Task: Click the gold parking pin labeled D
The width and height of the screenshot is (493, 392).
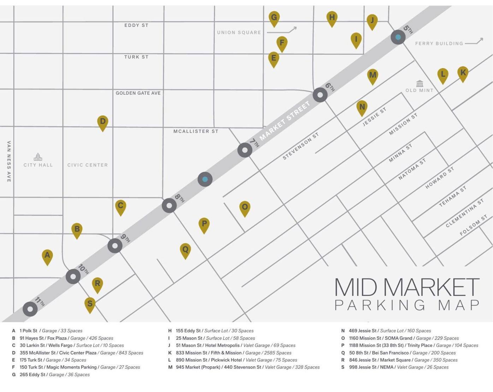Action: [x=102, y=122]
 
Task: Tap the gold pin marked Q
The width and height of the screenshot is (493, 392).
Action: [x=185, y=250]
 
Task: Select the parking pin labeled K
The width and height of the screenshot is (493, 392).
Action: [x=463, y=73]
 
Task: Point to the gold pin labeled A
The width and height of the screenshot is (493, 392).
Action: [x=47, y=256]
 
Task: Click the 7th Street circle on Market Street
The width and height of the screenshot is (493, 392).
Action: [x=245, y=150]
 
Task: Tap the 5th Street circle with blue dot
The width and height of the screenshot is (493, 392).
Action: [x=398, y=37]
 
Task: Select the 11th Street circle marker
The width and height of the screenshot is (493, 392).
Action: [x=30, y=309]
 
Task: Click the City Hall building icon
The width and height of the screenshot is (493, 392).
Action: [x=38, y=157]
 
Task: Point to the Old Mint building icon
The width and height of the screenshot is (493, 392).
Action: [x=420, y=84]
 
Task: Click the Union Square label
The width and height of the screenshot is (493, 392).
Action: [x=239, y=32]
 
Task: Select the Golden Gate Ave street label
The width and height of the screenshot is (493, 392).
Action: [x=138, y=93]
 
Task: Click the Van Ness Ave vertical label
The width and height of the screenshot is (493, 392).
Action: [x=9, y=161]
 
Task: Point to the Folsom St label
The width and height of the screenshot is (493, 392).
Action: [x=473, y=225]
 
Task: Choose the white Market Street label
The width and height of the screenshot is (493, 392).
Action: [x=285, y=121]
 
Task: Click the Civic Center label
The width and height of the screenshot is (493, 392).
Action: [x=88, y=165]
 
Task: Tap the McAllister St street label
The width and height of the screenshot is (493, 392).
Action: [x=196, y=131]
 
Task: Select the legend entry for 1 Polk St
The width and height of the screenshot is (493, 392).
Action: [x=47, y=331]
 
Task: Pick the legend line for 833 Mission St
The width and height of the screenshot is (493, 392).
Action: [x=233, y=353]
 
